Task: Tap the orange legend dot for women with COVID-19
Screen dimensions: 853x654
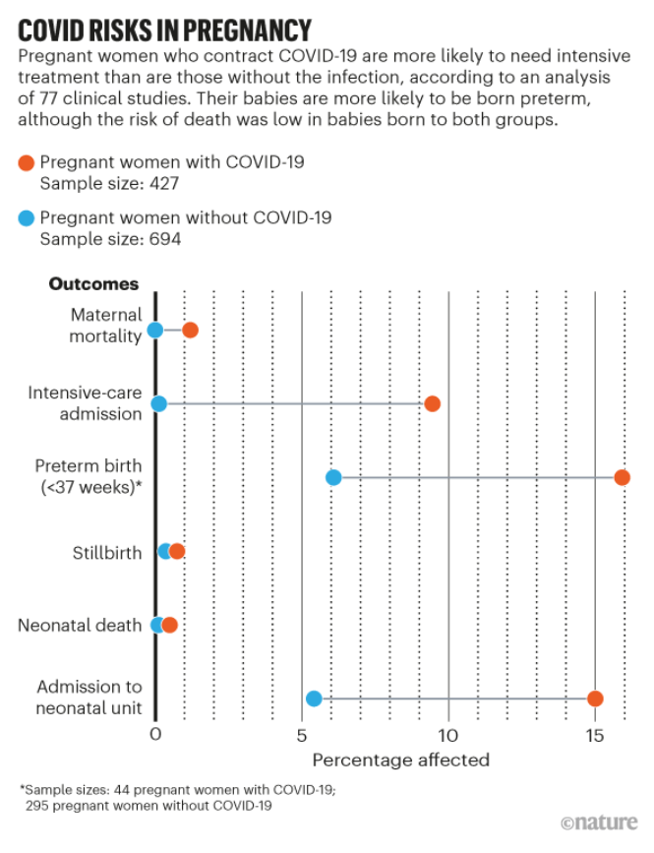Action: click(27, 162)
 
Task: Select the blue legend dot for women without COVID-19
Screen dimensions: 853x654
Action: click(27, 217)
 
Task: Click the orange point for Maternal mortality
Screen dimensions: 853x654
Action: click(190, 330)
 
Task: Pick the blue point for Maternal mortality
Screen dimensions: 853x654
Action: click(154, 330)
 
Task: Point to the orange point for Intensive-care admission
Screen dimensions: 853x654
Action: click(432, 403)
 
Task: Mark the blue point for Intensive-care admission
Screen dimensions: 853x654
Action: click(159, 403)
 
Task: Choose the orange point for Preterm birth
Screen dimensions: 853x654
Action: click(622, 477)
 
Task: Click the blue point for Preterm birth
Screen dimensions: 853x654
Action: click(333, 477)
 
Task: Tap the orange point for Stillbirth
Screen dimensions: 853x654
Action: click(177, 551)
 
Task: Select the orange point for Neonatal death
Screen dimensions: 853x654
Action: click(169, 625)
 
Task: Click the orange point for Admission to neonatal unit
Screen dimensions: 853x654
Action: click(594, 699)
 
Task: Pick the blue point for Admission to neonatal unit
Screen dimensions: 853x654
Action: click(314, 699)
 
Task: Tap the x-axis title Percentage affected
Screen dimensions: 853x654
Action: click(400, 760)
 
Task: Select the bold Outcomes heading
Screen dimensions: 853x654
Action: click(93, 284)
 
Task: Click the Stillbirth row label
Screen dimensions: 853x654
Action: click(107, 552)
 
